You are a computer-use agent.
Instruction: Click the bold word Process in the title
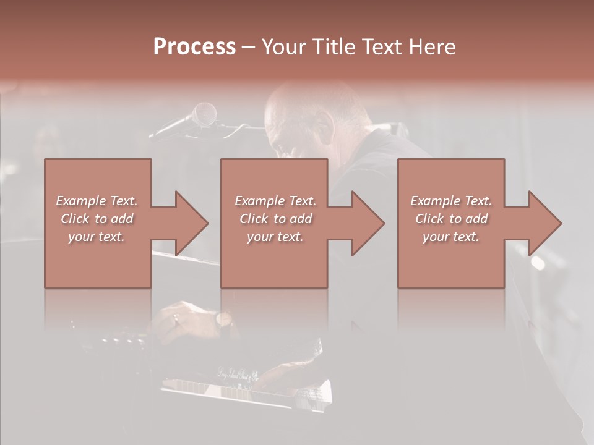(194, 47)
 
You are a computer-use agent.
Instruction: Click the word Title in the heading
(332, 47)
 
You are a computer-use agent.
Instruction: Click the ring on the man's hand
(176, 318)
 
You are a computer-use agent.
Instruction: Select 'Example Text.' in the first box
(97, 201)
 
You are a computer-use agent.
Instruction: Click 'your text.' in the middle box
(275, 237)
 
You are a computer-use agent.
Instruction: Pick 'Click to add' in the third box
(451, 219)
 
